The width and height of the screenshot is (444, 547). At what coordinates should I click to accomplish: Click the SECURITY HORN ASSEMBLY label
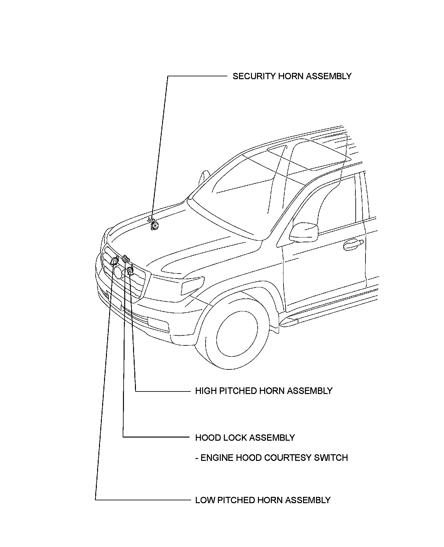coord(292,76)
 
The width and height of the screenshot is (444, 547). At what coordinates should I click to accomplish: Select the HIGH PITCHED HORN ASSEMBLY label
coord(264,391)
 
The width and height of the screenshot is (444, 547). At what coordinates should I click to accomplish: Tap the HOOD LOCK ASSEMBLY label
coord(245,438)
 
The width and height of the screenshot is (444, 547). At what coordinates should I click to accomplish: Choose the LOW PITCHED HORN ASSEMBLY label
coord(263,500)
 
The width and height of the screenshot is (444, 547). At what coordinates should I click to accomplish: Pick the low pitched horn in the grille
coord(114,261)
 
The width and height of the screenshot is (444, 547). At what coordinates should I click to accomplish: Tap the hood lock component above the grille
coord(126,258)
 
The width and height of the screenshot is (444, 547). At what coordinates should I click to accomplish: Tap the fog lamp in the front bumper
coord(159,324)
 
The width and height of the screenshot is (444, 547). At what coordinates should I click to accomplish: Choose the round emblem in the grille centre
coord(118,272)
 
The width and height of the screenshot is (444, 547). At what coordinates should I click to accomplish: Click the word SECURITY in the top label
coord(254,76)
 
